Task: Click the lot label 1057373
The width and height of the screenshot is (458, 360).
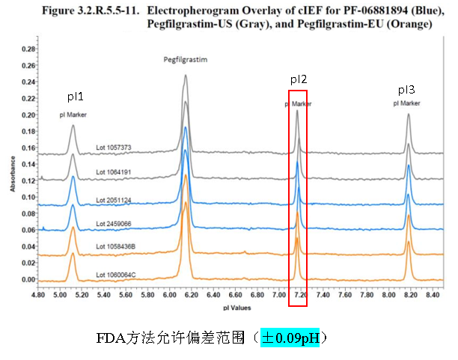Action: click(113, 147)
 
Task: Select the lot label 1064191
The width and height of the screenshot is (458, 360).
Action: click(113, 172)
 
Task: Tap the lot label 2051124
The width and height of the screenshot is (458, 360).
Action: click(113, 199)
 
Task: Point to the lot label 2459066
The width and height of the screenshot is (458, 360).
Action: click(113, 223)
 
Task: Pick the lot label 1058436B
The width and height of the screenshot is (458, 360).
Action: click(115, 246)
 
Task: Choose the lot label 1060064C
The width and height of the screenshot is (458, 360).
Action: click(115, 275)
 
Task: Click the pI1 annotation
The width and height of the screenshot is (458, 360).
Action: click(76, 97)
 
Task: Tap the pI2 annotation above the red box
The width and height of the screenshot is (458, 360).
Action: click(299, 79)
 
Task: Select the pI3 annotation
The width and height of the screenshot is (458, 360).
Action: click(406, 89)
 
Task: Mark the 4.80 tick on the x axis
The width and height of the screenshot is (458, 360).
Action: click(40, 296)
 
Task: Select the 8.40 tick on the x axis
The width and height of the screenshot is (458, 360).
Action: click(432, 296)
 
